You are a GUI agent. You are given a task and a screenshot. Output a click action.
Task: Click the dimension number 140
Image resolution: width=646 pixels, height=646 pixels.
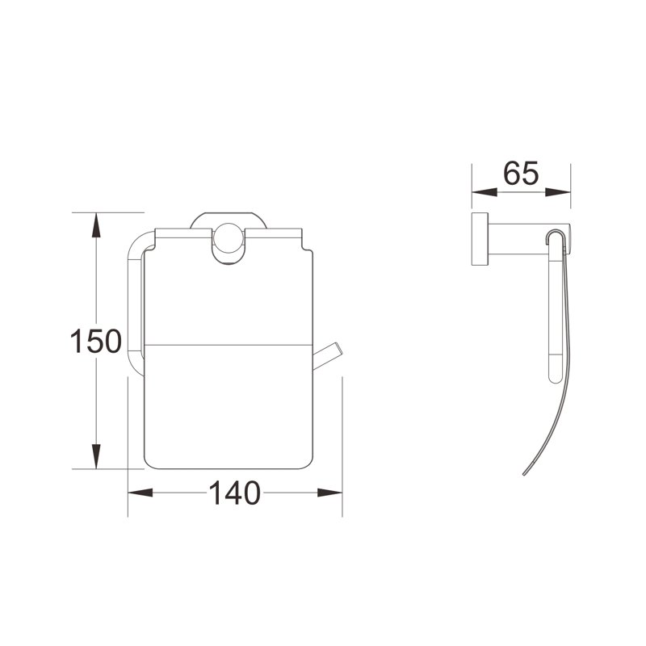pyautogui.click(x=235, y=493)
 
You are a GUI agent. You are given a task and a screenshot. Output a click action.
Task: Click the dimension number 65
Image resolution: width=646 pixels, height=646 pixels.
pyautogui.click(x=521, y=174)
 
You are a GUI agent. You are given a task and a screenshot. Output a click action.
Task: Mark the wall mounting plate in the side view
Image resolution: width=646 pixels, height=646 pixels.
pyautogui.click(x=478, y=241)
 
